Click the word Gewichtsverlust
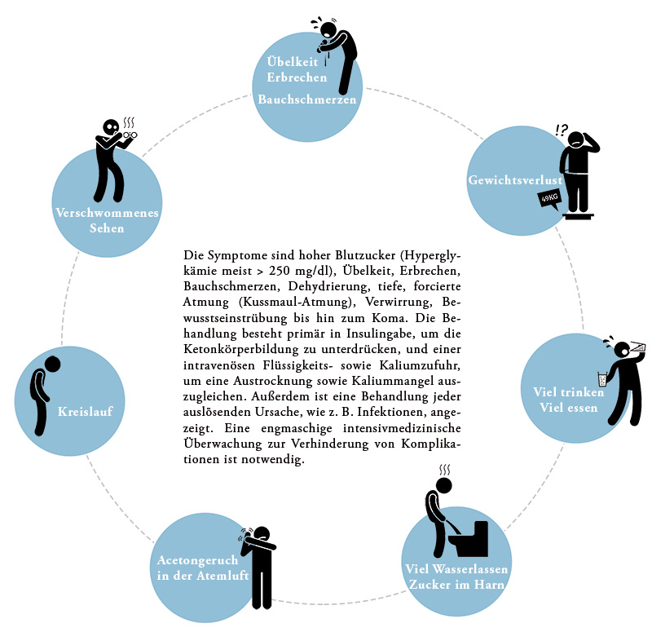pos(515,179)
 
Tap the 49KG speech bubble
pos(549,199)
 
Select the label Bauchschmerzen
pos(307,99)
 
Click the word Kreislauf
pos(86,412)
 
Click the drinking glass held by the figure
pos(602,378)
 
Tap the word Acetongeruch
pos(197,560)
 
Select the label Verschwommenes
pos(108,213)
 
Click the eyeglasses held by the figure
pos(130,135)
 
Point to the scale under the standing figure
pos(578,215)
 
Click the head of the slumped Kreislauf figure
pos(52,364)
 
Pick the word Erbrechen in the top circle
pos(297,77)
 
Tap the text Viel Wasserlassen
pos(456,568)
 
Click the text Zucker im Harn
pos(456,585)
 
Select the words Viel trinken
pos(568,392)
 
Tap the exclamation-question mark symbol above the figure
pos(562,130)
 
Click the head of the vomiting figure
pos(329,29)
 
